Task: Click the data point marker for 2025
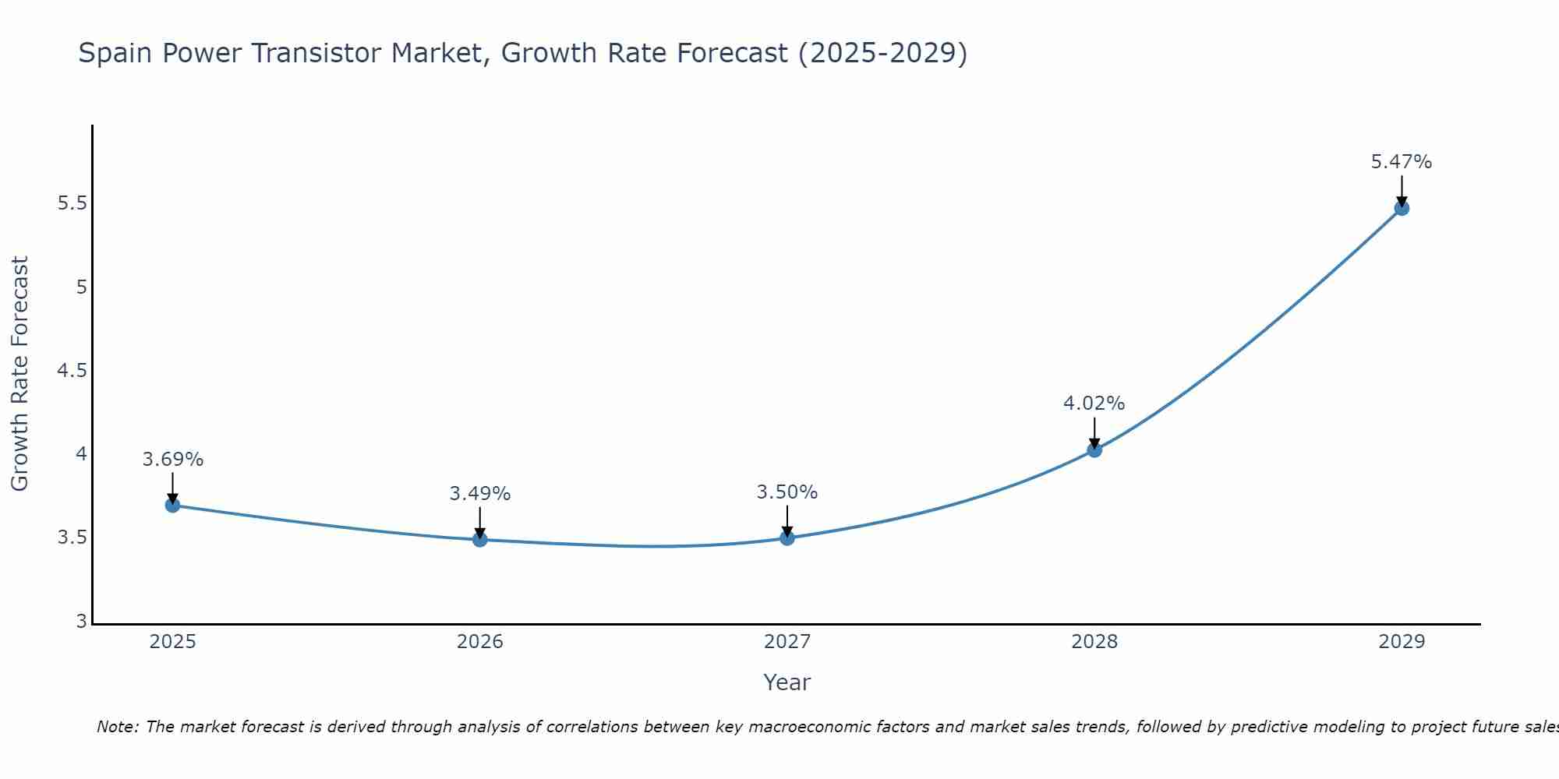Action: (173, 505)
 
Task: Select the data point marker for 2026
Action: (480, 539)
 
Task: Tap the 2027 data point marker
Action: (787, 538)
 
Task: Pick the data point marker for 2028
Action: (1094, 449)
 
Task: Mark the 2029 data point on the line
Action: (1402, 208)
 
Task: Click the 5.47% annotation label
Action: (1402, 162)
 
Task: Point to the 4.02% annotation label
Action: (1094, 404)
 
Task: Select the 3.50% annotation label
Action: (787, 492)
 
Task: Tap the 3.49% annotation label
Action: (480, 494)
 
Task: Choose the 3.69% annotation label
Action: (173, 460)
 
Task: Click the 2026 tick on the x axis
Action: (480, 642)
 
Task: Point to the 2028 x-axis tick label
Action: (1094, 642)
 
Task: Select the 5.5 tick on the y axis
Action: (72, 204)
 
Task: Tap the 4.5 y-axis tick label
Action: (72, 371)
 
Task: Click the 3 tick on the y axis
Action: (81, 622)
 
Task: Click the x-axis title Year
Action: (787, 682)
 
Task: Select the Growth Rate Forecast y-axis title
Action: (19, 374)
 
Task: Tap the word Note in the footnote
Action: (117, 727)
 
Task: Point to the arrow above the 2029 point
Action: (1402, 191)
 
